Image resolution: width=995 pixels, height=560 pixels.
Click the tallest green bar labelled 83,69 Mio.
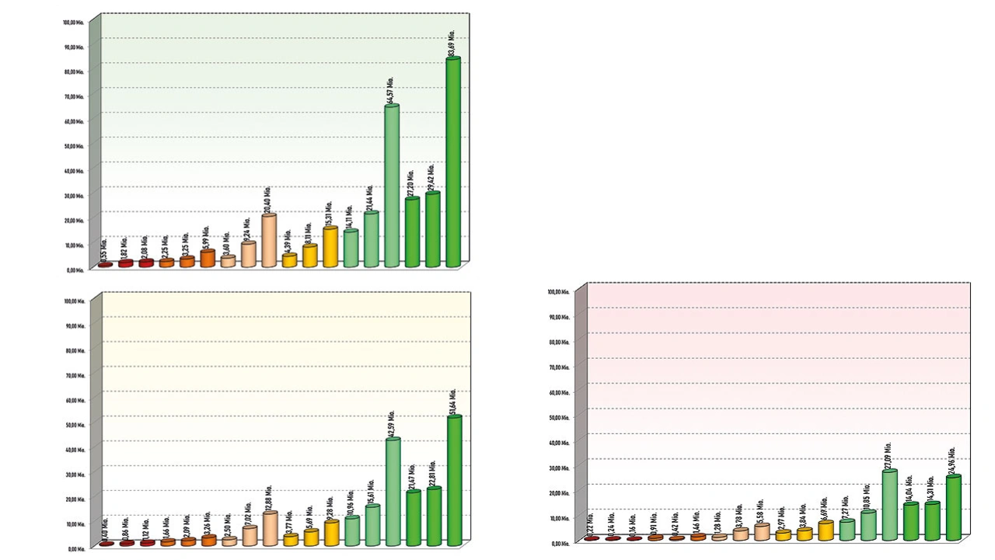click(452, 163)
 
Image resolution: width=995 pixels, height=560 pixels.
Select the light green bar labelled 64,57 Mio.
click(392, 186)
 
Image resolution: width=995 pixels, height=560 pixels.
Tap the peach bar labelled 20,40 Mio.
click(269, 241)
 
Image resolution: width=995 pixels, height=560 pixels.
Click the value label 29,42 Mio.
click(431, 177)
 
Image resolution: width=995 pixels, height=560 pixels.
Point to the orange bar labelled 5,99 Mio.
click(208, 259)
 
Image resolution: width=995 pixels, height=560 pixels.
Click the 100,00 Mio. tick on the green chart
click(74, 22)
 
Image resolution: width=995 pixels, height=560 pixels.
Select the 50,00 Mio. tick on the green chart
click(74, 146)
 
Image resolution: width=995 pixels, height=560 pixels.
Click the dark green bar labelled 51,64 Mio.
click(455, 480)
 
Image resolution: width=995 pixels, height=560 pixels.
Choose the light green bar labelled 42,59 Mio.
click(393, 491)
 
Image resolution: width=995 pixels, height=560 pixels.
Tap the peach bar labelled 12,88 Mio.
click(270, 528)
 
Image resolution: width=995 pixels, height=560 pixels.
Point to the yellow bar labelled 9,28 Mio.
click(332, 533)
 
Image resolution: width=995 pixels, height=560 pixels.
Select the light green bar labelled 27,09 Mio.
click(890, 505)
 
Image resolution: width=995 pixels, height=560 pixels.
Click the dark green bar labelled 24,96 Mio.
click(953, 508)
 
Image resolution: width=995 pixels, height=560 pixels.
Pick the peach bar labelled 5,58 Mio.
click(762, 531)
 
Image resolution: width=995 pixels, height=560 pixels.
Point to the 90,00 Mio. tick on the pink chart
click(560, 317)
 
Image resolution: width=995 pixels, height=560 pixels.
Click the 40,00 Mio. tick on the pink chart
click(560, 443)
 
